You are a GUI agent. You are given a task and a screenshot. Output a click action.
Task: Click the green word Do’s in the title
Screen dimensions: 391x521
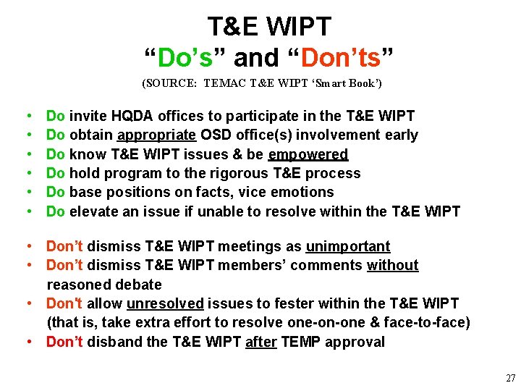[x=185, y=57]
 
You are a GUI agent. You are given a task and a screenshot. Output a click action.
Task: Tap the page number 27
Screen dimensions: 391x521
[x=510, y=379]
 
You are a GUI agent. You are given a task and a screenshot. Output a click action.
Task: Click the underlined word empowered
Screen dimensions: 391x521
[x=308, y=154]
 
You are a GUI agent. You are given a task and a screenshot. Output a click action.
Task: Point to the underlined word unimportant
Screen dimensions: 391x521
[x=348, y=247]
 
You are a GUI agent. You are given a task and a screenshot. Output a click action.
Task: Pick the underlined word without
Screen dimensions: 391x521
[x=392, y=266]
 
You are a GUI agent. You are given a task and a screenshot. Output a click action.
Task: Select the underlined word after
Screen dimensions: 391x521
[x=260, y=342]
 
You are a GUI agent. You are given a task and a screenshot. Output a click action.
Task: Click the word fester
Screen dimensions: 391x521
[x=287, y=303]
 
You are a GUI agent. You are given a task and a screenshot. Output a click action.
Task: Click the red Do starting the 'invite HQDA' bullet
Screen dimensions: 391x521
[x=56, y=116]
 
